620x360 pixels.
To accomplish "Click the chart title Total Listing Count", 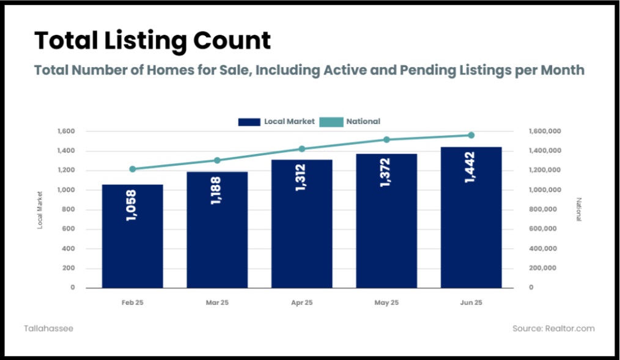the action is pyautogui.click(x=152, y=41).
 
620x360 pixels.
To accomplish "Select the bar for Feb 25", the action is pyautogui.click(x=133, y=237).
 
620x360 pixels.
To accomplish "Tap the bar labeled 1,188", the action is pyautogui.click(x=217, y=230).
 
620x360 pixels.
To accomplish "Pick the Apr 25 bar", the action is pyautogui.click(x=301, y=224).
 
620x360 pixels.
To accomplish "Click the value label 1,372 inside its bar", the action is pyautogui.click(x=385, y=173).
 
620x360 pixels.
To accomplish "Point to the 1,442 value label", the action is pyautogui.click(x=470, y=167).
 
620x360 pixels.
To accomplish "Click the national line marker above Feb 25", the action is pyautogui.click(x=133, y=169).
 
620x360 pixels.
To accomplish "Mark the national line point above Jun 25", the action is pyautogui.click(x=471, y=135).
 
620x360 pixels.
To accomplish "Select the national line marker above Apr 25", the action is pyautogui.click(x=301, y=149).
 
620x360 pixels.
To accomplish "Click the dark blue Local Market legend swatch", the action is pyautogui.click(x=249, y=122).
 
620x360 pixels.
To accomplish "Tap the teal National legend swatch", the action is pyautogui.click(x=331, y=122).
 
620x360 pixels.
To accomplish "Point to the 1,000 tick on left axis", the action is pyautogui.click(x=65, y=189).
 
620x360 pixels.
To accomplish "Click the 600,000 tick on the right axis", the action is pyautogui.click(x=543, y=229).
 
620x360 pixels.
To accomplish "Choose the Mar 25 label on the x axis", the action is pyautogui.click(x=217, y=303).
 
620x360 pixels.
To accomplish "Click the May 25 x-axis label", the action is pyautogui.click(x=386, y=303).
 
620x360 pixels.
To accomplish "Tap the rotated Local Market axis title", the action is pyautogui.click(x=40, y=210).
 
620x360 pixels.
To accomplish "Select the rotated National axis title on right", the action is pyautogui.click(x=579, y=210).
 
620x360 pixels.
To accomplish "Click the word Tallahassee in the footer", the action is pyautogui.click(x=49, y=328).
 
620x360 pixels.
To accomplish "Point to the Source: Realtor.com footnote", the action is pyautogui.click(x=553, y=328).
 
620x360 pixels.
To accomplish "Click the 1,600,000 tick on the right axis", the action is pyautogui.click(x=545, y=131).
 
